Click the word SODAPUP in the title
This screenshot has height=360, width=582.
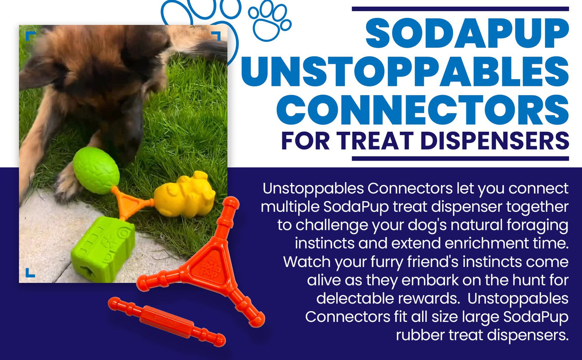(467, 34)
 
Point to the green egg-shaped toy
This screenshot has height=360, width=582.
(96, 170)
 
